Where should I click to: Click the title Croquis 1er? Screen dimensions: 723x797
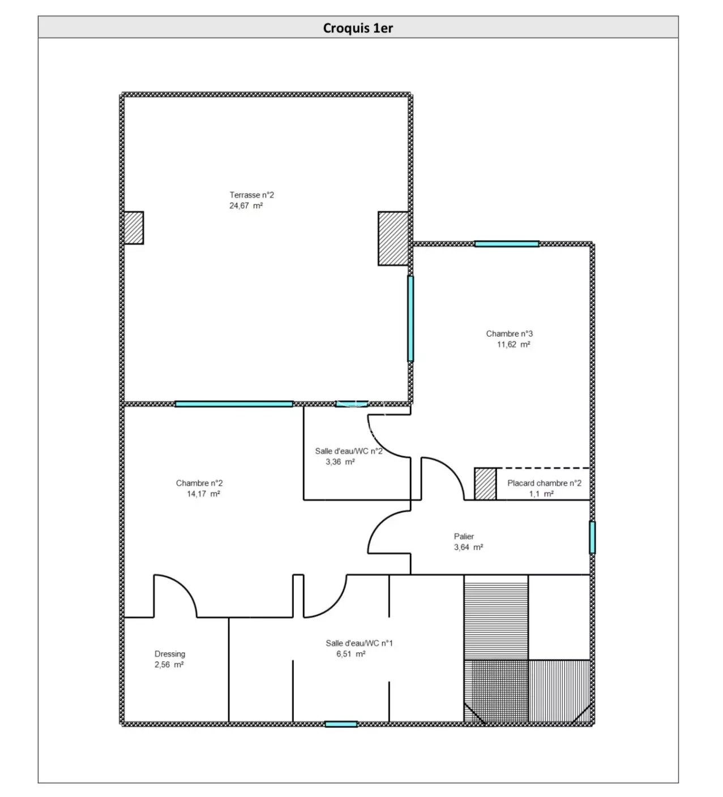pyautogui.click(x=358, y=28)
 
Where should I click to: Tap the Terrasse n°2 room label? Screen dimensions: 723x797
pyautogui.click(x=251, y=195)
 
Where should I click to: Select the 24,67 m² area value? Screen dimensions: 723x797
pyautogui.click(x=246, y=205)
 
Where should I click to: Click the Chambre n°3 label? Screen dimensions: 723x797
pyautogui.click(x=509, y=333)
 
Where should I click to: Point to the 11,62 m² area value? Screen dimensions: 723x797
pyautogui.click(x=514, y=344)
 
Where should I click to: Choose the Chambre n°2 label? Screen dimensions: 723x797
pyautogui.click(x=199, y=483)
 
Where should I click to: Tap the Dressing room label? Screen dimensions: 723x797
pyautogui.click(x=170, y=654)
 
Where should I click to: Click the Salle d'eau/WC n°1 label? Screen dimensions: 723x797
pyautogui.click(x=359, y=643)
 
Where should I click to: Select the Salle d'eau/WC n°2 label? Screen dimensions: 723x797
pyautogui.click(x=349, y=451)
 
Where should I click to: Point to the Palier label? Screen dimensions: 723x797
pyautogui.click(x=464, y=536)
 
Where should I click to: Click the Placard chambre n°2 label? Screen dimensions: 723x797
pyautogui.click(x=544, y=483)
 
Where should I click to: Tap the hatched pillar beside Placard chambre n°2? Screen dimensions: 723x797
pyautogui.click(x=485, y=483)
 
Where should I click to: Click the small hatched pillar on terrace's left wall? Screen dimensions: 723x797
pyautogui.click(x=134, y=228)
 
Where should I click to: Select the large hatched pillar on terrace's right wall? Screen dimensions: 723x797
pyautogui.click(x=393, y=238)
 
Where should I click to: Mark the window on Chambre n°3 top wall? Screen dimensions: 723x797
pyautogui.click(x=507, y=243)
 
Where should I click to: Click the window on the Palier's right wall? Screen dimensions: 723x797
pyautogui.click(x=592, y=537)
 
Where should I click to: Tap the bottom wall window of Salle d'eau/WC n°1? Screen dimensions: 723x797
pyautogui.click(x=341, y=724)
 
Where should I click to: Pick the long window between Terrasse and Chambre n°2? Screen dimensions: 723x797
pyautogui.click(x=234, y=404)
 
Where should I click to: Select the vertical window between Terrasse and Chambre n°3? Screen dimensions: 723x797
pyautogui.click(x=410, y=318)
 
